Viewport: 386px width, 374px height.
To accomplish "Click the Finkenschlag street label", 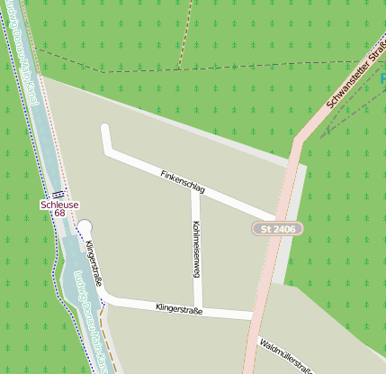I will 183,181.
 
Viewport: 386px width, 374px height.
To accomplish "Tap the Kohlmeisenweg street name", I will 196,252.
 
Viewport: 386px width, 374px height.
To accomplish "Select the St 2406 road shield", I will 277,230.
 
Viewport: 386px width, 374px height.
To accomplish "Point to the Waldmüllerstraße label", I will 285,356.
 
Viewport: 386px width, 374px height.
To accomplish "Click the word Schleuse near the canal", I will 59,205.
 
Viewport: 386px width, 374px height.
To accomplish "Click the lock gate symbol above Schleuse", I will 58,194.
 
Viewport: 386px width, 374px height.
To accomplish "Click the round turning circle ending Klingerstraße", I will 85,227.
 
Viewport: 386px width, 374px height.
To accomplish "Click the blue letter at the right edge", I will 382,80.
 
